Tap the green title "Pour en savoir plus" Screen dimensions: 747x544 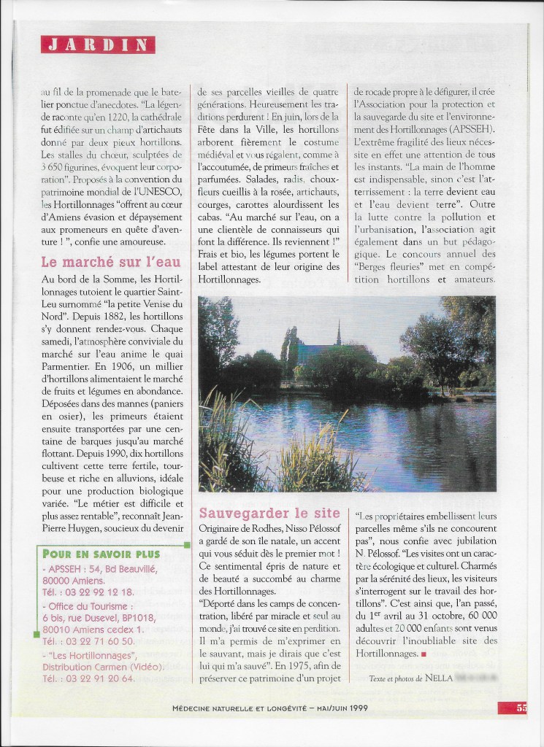pos(101,554)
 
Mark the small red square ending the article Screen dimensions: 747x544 pos(423,654)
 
